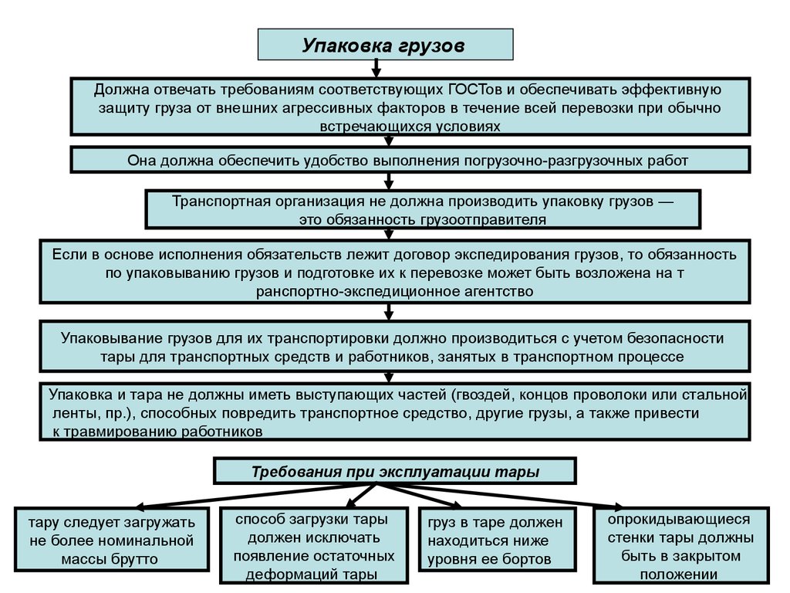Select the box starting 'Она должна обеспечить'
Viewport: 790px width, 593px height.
point(410,161)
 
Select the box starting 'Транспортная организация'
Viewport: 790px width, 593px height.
point(423,210)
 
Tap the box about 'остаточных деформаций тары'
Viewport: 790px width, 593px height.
point(312,545)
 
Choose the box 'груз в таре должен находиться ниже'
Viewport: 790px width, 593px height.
point(496,540)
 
